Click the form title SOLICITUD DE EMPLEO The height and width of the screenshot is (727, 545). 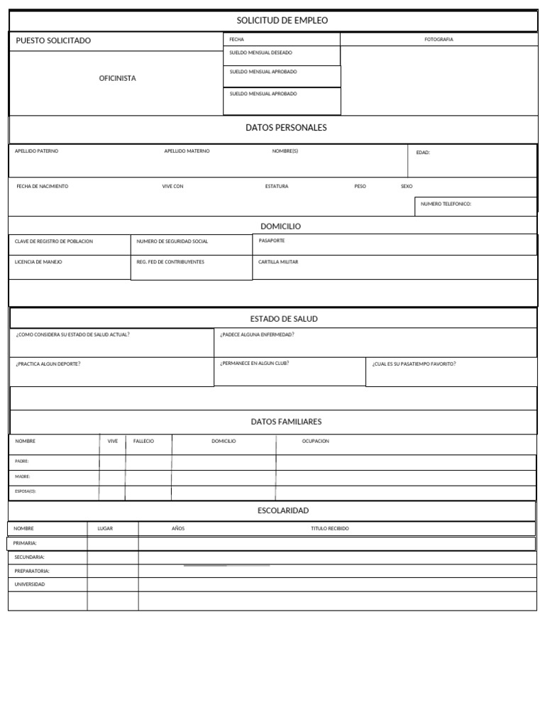[x=282, y=21]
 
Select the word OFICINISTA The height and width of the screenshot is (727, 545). [x=117, y=78]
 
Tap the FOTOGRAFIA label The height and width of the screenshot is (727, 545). [x=439, y=40]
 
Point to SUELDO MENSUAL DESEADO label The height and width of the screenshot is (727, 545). [x=260, y=53]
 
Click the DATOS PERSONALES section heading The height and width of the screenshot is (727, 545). [x=286, y=128]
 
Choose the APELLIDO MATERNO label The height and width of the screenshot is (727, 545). [x=187, y=151]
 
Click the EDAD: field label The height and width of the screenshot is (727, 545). [x=423, y=152]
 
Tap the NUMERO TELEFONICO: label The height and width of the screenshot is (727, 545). [x=446, y=204]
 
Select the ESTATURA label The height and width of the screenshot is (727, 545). [x=277, y=186]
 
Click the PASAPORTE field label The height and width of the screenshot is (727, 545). [x=272, y=241]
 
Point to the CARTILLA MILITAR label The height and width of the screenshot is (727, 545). [x=278, y=262]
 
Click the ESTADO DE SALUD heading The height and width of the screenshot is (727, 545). [x=284, y=319]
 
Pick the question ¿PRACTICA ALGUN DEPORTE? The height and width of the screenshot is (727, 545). [x=48, y=363]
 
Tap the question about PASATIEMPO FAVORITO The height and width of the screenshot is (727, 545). [x=414, y=363]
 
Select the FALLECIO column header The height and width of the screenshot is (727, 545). [x=143, y=441]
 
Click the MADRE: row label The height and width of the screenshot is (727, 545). [x=23, y=476]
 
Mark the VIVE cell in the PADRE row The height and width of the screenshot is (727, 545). [x=112, y=462]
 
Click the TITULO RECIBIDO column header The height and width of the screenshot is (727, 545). [x=330, y=528]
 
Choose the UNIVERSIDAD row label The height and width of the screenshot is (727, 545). [x=30, y=584]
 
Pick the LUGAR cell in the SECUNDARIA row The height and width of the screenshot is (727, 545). [x=113, y=557]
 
